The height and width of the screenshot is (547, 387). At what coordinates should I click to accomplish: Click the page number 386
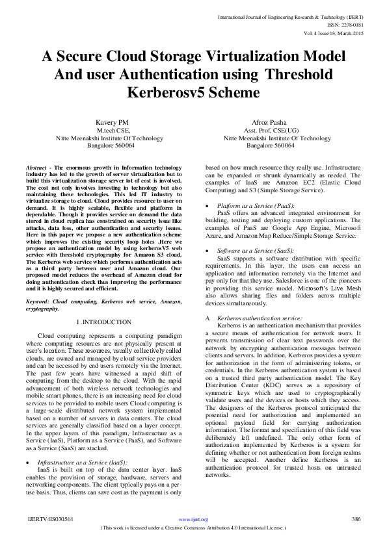[356, 519]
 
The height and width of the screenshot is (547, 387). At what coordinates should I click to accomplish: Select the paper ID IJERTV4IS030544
[49, 519]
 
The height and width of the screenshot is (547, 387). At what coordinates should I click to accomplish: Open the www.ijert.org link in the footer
[193, 519]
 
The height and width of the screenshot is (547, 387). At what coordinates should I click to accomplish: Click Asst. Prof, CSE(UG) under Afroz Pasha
[277, 130]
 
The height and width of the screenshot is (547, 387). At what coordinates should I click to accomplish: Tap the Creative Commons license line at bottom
[193, 528]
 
